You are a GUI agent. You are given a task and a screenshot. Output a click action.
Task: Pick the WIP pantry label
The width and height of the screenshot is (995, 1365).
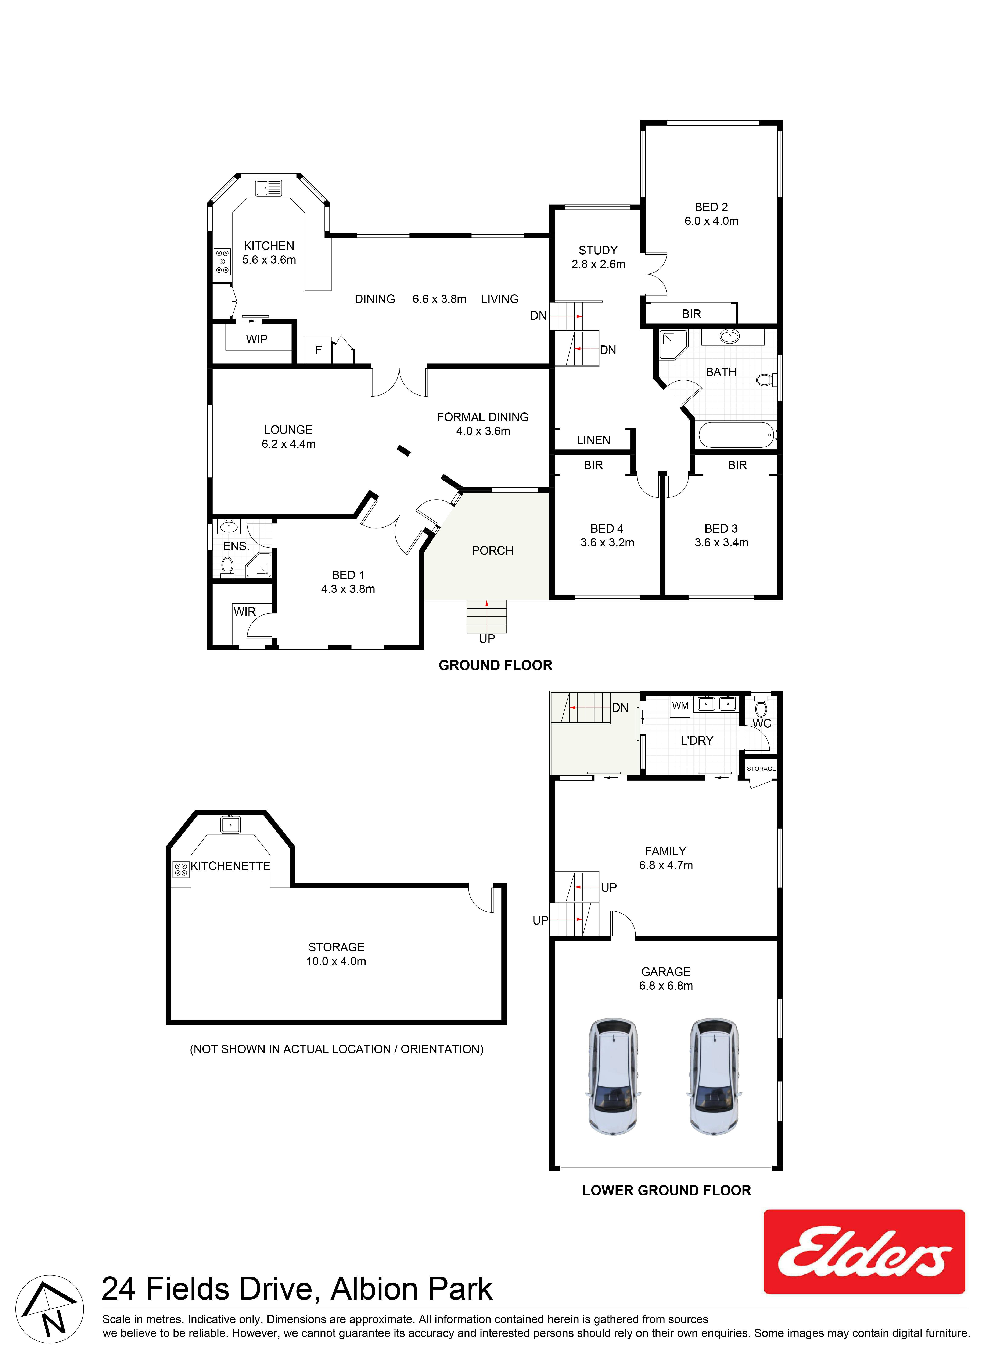click(x=256, y=339)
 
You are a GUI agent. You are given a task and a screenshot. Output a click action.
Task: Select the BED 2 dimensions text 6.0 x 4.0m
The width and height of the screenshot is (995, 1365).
click(x=711, y=221)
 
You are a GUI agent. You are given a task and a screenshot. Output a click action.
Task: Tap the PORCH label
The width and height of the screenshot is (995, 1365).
click(x=493, y=551)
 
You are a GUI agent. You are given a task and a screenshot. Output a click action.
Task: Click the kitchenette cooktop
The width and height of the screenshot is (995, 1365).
click(x=181, y=869)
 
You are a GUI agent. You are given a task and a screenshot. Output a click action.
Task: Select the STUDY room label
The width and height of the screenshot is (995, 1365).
click(x=598, y=250)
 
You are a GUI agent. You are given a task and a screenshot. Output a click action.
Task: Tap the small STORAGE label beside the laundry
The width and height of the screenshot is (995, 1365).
click(x=761, y=769)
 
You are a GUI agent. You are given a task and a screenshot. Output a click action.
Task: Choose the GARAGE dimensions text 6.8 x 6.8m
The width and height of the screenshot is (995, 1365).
click(x=666, y=986)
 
